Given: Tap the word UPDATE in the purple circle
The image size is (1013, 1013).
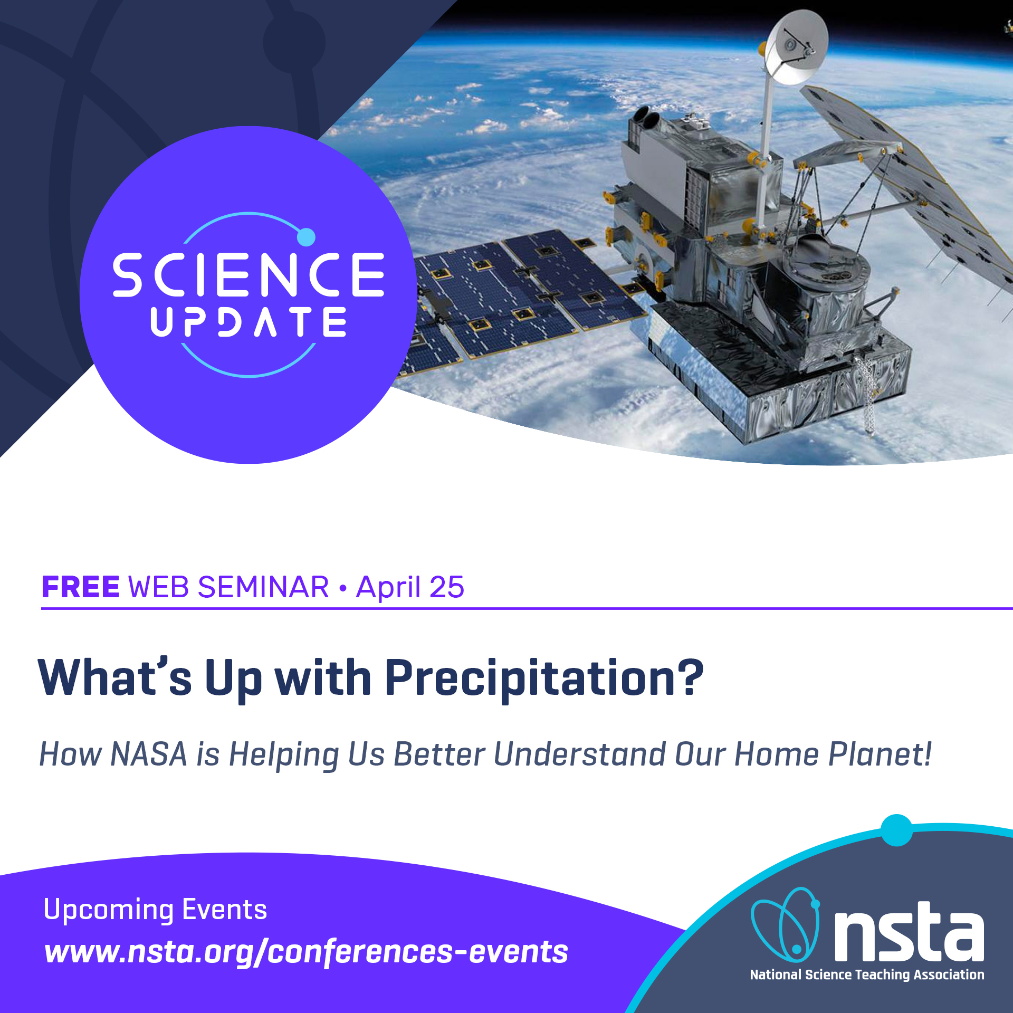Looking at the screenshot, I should (x=248, y=322).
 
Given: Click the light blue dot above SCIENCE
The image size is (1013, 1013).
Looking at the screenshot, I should (x=306, y=237).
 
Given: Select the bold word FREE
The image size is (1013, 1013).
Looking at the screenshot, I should (x=81, y=587).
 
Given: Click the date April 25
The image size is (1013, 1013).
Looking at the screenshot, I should (x=410, y=587).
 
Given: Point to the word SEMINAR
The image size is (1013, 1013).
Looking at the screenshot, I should (x=263, y=587).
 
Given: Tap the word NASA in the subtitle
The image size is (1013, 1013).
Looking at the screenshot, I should (x=149, y=754).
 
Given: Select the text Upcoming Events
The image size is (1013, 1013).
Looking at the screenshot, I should (x=155, y=910).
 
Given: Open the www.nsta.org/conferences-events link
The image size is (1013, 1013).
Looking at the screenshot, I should (x=306, y=952).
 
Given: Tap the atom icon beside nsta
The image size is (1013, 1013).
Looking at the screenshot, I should (x=785, y=924).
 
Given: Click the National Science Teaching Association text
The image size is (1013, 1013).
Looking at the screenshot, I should (x=867, y=974).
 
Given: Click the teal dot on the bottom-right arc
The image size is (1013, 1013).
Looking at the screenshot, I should (x=896, y=830).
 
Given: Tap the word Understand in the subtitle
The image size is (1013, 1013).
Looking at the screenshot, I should (x=580, y=754).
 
